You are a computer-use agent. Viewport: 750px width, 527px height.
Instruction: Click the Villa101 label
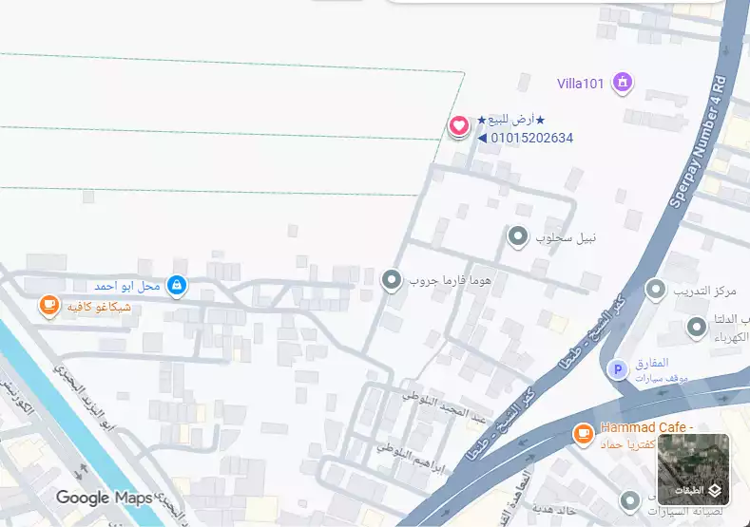pos(580,84)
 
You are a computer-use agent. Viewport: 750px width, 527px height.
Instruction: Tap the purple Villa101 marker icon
pos(623,83)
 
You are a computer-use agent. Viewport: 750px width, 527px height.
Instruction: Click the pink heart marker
pos(458,125)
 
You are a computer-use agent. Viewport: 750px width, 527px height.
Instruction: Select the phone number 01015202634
pos(531,138)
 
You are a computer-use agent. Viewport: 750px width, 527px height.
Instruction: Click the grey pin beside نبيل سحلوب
pos(517,235)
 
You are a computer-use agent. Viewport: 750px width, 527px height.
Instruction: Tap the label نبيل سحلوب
pos(566,236)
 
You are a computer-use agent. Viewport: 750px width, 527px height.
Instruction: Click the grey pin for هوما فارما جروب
pos(391,280)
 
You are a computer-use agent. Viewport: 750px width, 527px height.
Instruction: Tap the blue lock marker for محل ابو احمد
pos(176,285)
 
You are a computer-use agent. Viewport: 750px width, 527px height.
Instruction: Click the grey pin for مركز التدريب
pos(655,290)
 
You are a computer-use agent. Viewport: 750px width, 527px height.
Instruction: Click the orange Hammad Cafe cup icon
pos(583,434)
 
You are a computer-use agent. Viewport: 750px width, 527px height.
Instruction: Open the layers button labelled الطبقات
pos(693,469)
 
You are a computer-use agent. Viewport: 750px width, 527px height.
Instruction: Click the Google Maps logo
pos(103,498)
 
